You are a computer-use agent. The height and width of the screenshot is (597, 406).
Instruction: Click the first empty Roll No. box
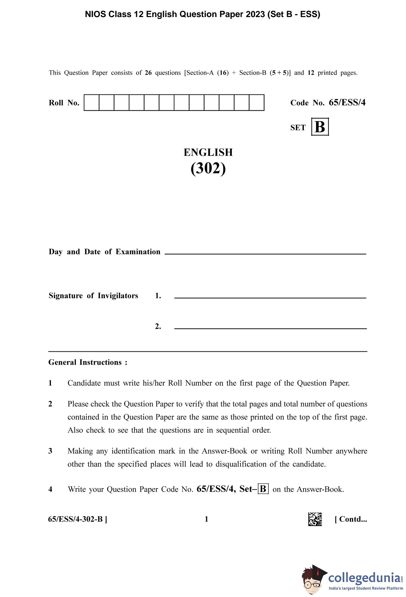[x=91, y=102]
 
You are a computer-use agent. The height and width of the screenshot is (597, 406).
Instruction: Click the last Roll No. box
[x=256, y=102]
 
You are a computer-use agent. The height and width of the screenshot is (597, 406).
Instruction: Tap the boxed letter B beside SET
[x=320, y=127]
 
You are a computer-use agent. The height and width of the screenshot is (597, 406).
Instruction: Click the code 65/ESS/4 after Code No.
[x=347, y=102]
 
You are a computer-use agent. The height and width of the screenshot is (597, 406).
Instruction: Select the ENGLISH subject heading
[x=208, y=152]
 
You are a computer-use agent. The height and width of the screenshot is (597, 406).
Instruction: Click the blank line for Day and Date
[x=265, y=254]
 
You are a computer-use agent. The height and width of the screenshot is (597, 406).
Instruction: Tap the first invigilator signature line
[x=270, y=297]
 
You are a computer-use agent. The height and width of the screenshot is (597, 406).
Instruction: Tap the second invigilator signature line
[x=270, y=328]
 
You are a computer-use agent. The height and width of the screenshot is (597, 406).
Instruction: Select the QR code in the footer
[x=315, y=519]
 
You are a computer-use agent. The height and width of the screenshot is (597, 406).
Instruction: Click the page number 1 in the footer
[x=206, y=519]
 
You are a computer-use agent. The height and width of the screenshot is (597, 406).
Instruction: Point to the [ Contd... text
[x=351, y=519]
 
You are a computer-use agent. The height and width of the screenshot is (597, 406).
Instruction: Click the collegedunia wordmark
[x=364, y=578]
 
